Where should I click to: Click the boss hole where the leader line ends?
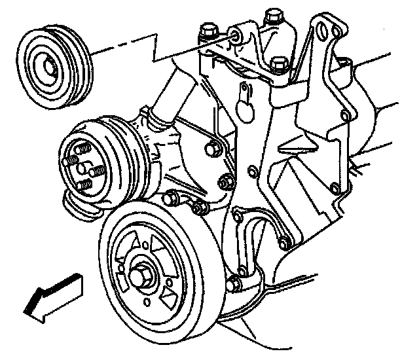(234, 36)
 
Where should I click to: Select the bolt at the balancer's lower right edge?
(234, 284)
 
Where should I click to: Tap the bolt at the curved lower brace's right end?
(283, 243)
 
